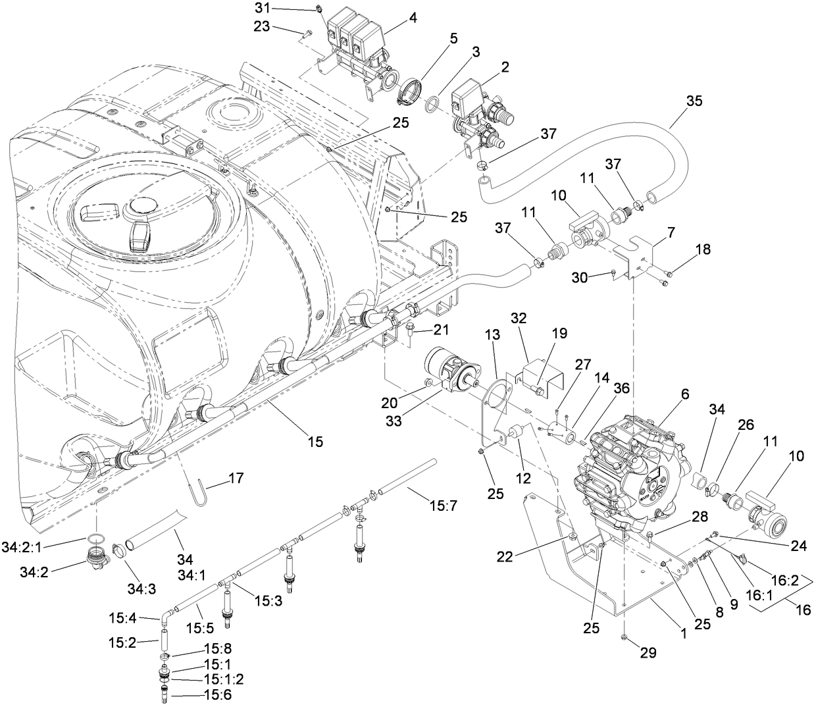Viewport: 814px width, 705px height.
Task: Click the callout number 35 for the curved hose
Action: (694, 101)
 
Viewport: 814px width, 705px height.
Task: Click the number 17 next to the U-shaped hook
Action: (234, 479)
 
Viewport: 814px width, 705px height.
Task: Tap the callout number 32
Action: (519, 317)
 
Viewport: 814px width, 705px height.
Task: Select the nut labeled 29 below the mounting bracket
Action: (623, 637)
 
